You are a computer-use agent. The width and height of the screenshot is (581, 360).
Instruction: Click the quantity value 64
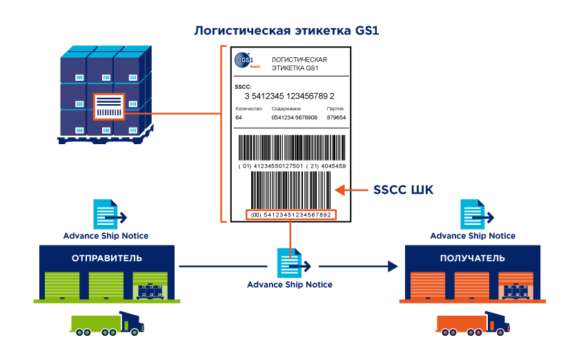239,118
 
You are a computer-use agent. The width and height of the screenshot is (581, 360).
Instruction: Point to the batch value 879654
336,118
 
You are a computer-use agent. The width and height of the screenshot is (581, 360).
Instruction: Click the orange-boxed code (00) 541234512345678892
290,215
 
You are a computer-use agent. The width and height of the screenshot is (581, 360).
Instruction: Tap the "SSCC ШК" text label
404,190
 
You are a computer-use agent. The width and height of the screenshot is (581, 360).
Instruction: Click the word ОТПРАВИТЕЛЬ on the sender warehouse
106,259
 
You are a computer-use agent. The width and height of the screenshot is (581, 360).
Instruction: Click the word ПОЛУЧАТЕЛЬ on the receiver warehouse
473,259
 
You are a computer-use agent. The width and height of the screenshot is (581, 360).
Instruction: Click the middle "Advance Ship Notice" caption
290,284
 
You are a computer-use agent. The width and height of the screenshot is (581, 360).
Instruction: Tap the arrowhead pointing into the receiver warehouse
393,266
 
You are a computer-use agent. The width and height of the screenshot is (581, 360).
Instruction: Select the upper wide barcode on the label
290,148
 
